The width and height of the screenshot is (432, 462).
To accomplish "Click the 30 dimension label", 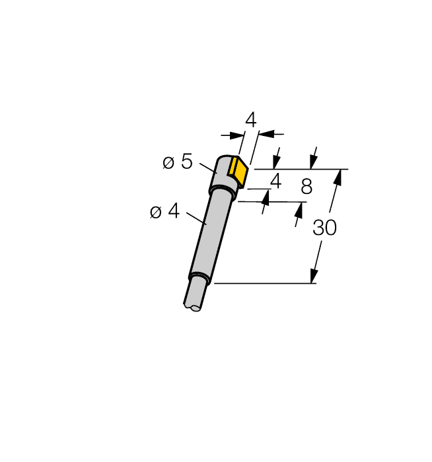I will coord(324,228).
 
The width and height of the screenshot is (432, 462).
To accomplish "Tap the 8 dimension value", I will coord(306,187).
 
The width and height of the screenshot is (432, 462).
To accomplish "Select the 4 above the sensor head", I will coord(250,120).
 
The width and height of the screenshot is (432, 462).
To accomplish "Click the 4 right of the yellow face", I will coord(275,180).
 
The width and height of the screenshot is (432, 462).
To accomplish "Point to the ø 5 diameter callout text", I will coord(177,162).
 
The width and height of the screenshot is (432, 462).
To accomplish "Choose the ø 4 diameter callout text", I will coord(164,211).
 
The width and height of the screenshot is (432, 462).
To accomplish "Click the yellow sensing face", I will coord(238,171).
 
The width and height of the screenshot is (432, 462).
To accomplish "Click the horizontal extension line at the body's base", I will coord(264,284).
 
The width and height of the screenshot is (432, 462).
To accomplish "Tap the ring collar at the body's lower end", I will coord(199,278).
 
